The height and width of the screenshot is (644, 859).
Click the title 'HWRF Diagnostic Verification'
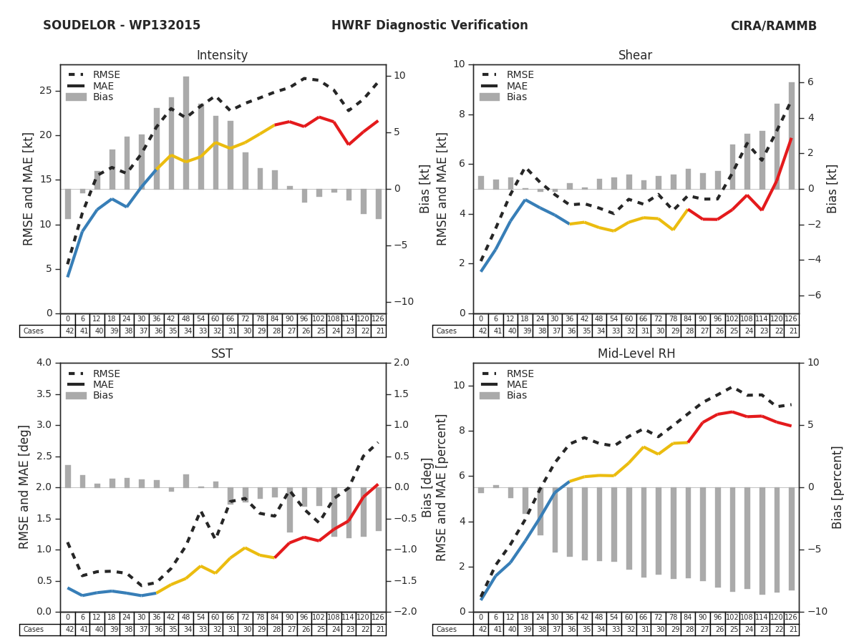pos(429,26)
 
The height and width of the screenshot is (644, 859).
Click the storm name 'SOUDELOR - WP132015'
pos(122,26)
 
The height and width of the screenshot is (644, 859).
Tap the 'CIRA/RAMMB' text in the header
pos(773,26)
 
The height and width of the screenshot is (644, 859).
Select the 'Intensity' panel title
pos(222,56)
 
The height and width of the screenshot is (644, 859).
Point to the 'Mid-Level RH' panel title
pos(636,354)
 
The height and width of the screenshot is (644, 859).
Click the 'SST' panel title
pos(222,354)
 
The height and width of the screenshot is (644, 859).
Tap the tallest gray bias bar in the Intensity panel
pos(186,132)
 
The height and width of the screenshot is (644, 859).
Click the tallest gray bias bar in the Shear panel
pos(792,135)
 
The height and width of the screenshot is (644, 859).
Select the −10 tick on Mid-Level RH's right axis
pos(816,612)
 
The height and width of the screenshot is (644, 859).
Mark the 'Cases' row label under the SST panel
pos(34,630)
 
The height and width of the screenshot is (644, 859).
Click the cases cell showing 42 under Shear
pos(481,331)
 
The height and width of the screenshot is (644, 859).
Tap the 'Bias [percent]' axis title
pos(838,487)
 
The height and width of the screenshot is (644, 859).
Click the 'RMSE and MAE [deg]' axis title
pos(26,487)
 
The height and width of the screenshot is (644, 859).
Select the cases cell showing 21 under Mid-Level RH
pos(791,630)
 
